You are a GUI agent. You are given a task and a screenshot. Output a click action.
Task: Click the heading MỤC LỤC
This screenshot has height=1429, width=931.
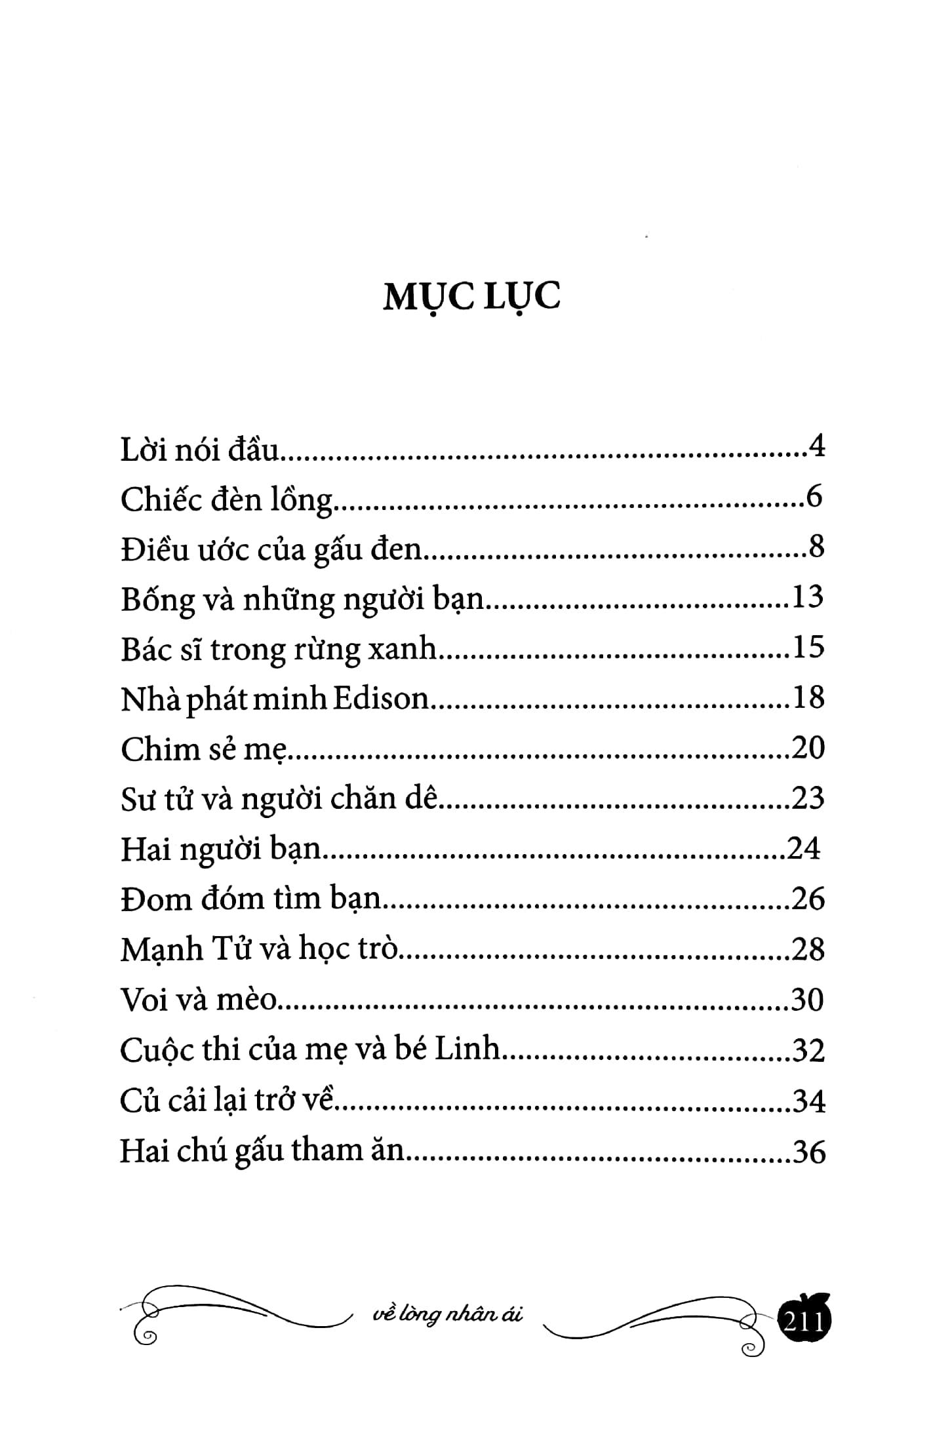click(471, 297)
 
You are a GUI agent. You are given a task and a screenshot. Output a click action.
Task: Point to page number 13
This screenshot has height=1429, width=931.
click(808, 598)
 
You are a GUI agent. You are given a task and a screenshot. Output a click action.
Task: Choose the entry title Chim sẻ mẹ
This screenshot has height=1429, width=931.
click(205, 749)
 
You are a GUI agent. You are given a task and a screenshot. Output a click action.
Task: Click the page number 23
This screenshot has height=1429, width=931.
click(808, 798)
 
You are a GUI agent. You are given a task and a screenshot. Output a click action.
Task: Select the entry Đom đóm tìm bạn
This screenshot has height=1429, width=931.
click(251, 899)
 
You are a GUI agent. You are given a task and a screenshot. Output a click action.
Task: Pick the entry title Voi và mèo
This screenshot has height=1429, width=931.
click(199, 1000)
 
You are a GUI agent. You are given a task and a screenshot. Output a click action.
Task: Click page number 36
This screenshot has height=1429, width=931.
click(808, 1152)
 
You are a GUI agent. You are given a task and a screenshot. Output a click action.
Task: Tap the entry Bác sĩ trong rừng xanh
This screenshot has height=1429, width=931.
click(279, 649)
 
